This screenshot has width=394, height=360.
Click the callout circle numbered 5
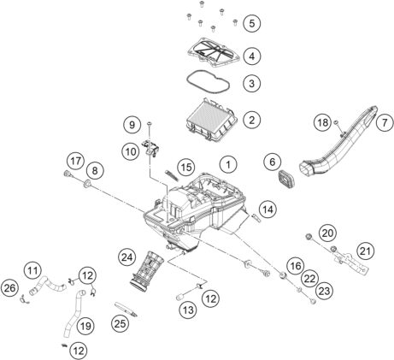click(x=250, y=21)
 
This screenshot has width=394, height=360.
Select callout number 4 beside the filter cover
click(x=250, y=56)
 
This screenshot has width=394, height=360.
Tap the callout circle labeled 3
click(x=250, y=84)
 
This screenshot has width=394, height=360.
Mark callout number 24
click(x=128, y=256)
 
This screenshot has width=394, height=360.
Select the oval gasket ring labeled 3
click(x=202, y=87)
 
